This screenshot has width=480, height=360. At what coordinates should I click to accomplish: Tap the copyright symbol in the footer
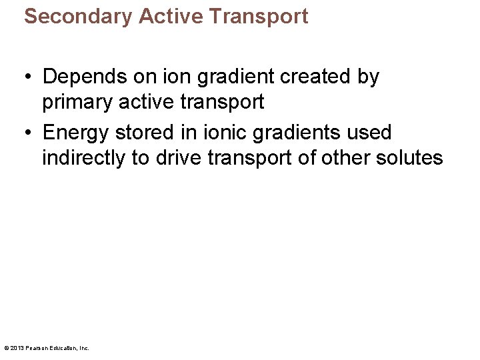point(7,348)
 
